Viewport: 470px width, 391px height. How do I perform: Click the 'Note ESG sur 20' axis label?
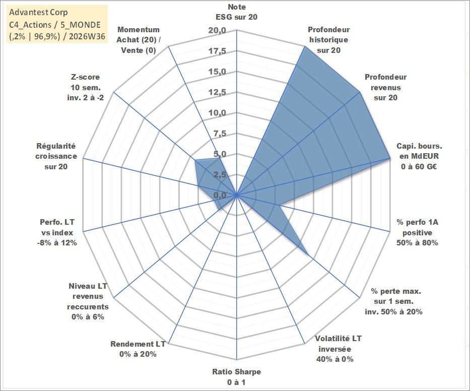[236, 12]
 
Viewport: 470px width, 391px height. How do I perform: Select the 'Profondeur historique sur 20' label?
[329, 40]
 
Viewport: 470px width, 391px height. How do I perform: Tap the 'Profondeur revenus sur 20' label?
[386, 87]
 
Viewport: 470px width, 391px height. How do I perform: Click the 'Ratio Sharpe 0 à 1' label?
[236, 377]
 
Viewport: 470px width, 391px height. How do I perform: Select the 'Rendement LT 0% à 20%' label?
[138, 349]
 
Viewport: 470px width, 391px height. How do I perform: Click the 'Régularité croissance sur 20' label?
[56, 156]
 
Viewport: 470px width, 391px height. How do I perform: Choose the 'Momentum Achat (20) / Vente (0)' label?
[139, 40]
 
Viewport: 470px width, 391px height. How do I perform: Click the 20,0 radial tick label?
[217, 31]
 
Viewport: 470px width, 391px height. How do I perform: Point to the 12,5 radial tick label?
[217, 92]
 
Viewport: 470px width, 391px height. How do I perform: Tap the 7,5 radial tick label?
[220, 134]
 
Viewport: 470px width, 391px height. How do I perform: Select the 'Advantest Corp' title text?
[38, 12]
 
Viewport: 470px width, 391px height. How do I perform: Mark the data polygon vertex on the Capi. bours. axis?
[390, 158]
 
